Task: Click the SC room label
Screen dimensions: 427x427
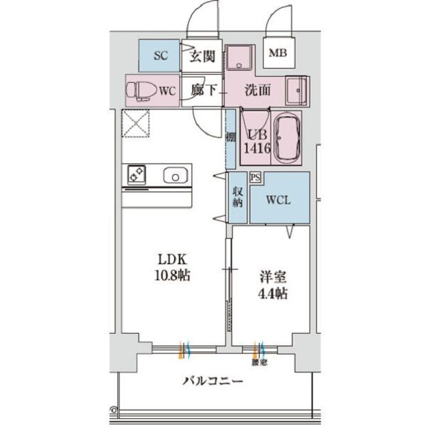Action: tap(160, 56)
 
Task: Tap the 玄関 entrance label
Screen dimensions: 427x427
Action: tap(201, 57)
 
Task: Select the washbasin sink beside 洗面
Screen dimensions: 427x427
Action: tap(296, 89)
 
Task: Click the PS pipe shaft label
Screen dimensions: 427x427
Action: tap(255, 177)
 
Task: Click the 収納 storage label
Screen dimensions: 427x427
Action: tap(238, 199)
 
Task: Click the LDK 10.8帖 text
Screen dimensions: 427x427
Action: tap(172, 267)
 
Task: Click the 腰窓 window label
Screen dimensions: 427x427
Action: tap(260, 364)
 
